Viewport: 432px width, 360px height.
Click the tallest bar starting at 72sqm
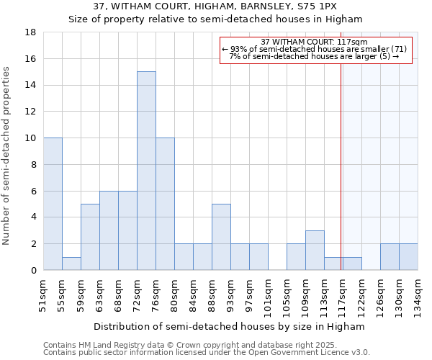146,171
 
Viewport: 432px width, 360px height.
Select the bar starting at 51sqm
53,204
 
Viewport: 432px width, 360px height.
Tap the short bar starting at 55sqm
71,264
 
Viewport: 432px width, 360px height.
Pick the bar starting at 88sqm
221,237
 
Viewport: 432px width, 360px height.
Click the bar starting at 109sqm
315,250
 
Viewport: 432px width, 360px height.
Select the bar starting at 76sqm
165,204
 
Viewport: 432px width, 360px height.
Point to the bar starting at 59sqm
90,237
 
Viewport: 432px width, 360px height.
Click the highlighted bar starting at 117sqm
352,264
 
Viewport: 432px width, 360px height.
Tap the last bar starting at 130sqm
408,257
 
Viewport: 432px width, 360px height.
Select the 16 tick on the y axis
32,59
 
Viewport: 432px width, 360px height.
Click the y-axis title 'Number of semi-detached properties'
7,156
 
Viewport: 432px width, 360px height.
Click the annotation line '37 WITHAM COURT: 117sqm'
315,42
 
